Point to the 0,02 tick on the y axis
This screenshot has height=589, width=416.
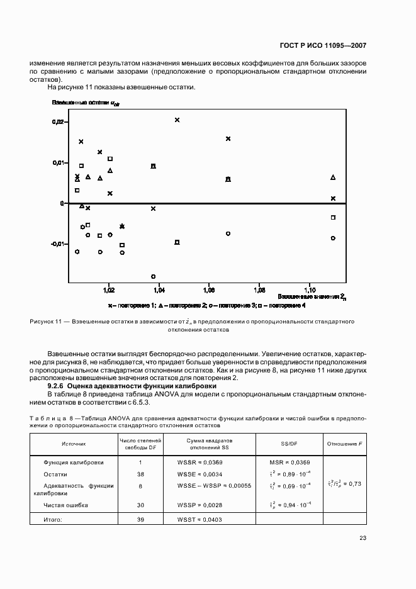(57, 121)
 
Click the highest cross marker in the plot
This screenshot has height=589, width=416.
(177, 120)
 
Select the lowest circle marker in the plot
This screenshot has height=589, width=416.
(153, 276)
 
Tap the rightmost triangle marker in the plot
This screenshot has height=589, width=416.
(333, 177)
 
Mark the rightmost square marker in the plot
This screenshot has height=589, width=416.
(333, 217)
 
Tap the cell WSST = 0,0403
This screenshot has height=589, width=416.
(201, 519)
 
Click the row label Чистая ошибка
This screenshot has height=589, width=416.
(65, 505)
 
